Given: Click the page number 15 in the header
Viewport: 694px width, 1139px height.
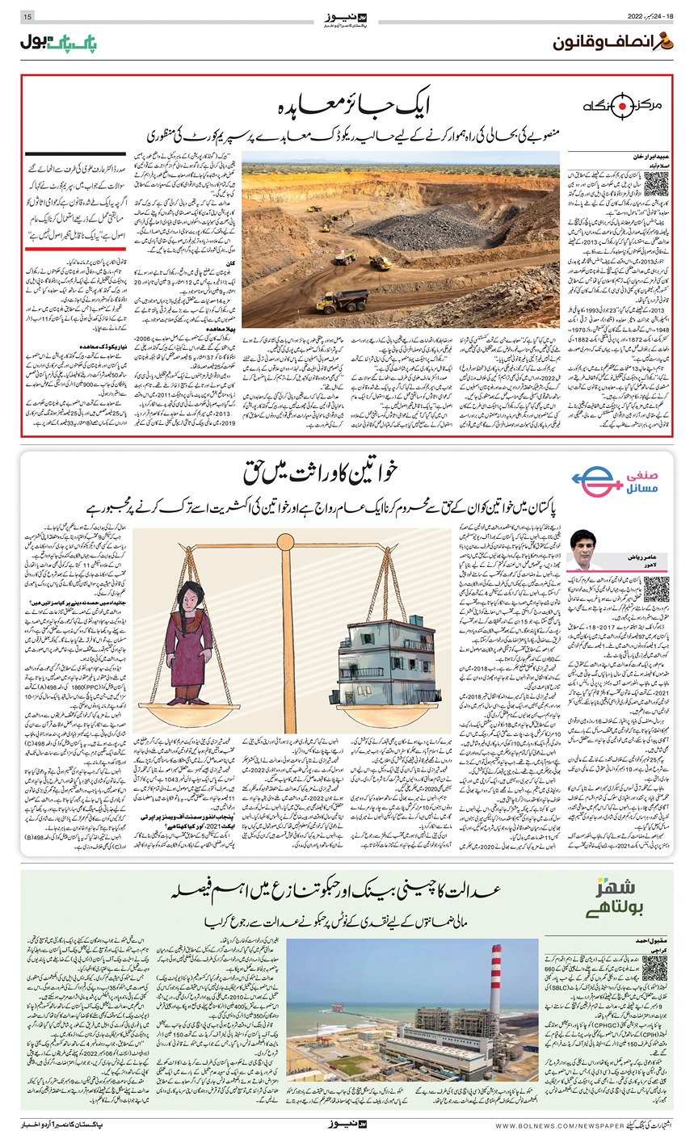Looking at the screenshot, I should click(27, 17).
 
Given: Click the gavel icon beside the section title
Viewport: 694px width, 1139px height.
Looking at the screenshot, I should click(666, 41).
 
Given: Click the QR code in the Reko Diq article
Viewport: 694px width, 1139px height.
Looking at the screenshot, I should click(637, 185).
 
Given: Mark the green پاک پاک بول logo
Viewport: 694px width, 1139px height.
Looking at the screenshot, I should click(55, 40).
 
